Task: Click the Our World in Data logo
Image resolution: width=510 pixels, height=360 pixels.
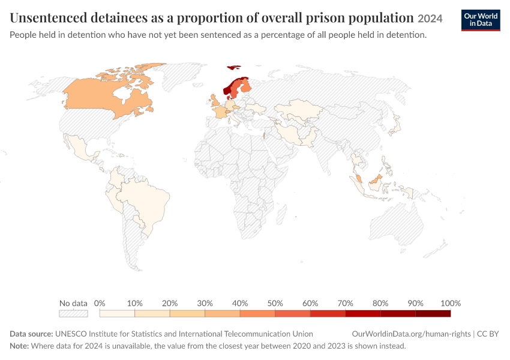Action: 481,20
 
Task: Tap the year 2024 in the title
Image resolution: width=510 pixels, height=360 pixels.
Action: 430,19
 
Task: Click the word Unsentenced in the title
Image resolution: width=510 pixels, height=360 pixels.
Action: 49,18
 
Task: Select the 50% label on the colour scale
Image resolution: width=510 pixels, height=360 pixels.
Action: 275,304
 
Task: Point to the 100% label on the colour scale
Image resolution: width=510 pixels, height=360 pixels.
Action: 451,304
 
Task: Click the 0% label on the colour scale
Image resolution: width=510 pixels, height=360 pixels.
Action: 100,304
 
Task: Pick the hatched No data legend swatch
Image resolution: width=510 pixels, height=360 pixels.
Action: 74,313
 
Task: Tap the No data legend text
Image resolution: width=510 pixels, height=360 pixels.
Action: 73,304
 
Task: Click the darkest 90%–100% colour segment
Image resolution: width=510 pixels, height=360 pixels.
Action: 433,313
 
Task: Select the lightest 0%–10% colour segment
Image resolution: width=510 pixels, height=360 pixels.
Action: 117,313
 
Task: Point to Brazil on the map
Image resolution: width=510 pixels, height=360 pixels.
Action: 146,202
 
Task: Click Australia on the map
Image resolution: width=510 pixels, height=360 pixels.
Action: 397,224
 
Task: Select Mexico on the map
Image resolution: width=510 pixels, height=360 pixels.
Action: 79,149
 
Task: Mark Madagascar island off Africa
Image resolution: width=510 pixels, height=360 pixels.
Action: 281,214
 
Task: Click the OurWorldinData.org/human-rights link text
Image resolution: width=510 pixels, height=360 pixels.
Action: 411,334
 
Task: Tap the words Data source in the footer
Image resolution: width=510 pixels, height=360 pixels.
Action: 31,334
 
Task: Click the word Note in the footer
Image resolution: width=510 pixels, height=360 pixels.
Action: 19,346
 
